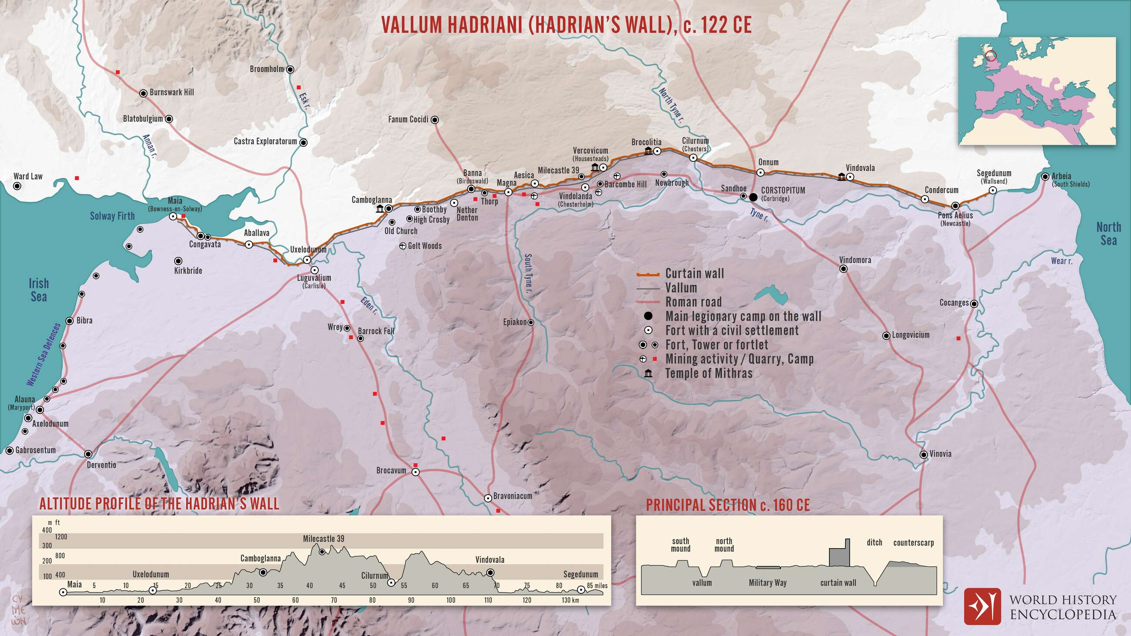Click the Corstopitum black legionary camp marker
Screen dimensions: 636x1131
click(x=753, y=197)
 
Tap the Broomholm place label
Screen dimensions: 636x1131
click(x=267, y=69)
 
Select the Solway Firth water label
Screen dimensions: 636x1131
click(x=112, y=216)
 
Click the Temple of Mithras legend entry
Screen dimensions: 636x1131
click(x=709, y=374)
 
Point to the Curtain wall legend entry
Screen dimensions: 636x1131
click(x=694, y=274)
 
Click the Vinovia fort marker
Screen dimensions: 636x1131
click(x=924, y=455)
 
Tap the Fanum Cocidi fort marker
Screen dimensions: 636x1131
click(x=435, y=119)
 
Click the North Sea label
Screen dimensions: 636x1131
click(x=1108, y=234)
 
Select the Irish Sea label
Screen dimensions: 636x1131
click(x=39, y=290)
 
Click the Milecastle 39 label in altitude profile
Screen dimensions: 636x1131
click(x=324, y=539)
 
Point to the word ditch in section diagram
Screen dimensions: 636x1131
click(x=874, y=542)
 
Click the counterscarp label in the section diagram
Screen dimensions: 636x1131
click(x=913, y=543)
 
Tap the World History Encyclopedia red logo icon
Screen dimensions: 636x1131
click(x=982, y=606)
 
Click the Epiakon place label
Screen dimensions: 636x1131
click(x=515, y=322)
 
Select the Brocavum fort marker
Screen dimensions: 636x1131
click(x=415, y=472)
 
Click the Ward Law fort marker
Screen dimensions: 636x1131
click(x=17, y=186)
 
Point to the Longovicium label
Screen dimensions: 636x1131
click(x=910, y=335)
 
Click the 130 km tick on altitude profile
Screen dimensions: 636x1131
click(x=570, y=600)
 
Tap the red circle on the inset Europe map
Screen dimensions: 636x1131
click(x=991, y=56)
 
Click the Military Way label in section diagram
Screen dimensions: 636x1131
click(x=767, y=583)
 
